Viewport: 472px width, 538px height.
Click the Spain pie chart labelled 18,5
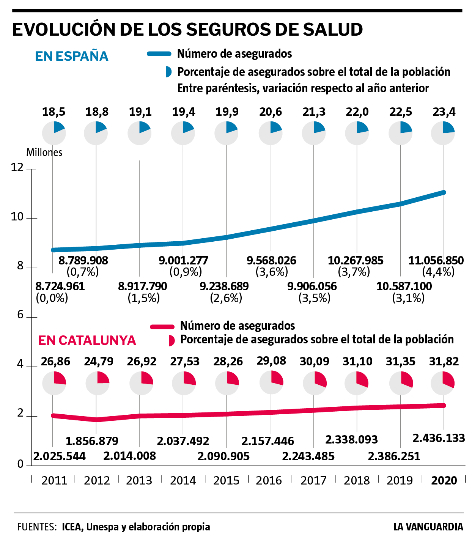[54, 133]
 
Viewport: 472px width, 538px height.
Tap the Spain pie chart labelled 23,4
[443, 133]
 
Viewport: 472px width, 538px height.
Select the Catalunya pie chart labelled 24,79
[98, 383]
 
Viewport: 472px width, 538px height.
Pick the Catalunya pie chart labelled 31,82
[442, 383]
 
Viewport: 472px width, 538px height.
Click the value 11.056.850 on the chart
[436, 261]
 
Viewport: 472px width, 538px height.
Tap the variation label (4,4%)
[438, 272]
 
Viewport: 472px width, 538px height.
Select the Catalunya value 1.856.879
[92, 441]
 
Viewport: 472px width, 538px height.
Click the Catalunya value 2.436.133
[439, 438]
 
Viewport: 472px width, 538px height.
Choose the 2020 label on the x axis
[444, 481]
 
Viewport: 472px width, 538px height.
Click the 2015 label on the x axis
[227, 481]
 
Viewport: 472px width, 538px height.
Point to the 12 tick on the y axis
[17, 167]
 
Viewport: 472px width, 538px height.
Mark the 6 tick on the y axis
[20, 315]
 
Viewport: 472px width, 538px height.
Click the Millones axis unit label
[44, 153]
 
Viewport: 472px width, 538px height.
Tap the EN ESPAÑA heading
[72, 56]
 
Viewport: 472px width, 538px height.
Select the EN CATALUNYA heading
[87, 340]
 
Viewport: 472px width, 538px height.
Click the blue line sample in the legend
[159, 54]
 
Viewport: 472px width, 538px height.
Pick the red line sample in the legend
[162, 326]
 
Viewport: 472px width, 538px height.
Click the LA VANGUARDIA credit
[428, 527]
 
